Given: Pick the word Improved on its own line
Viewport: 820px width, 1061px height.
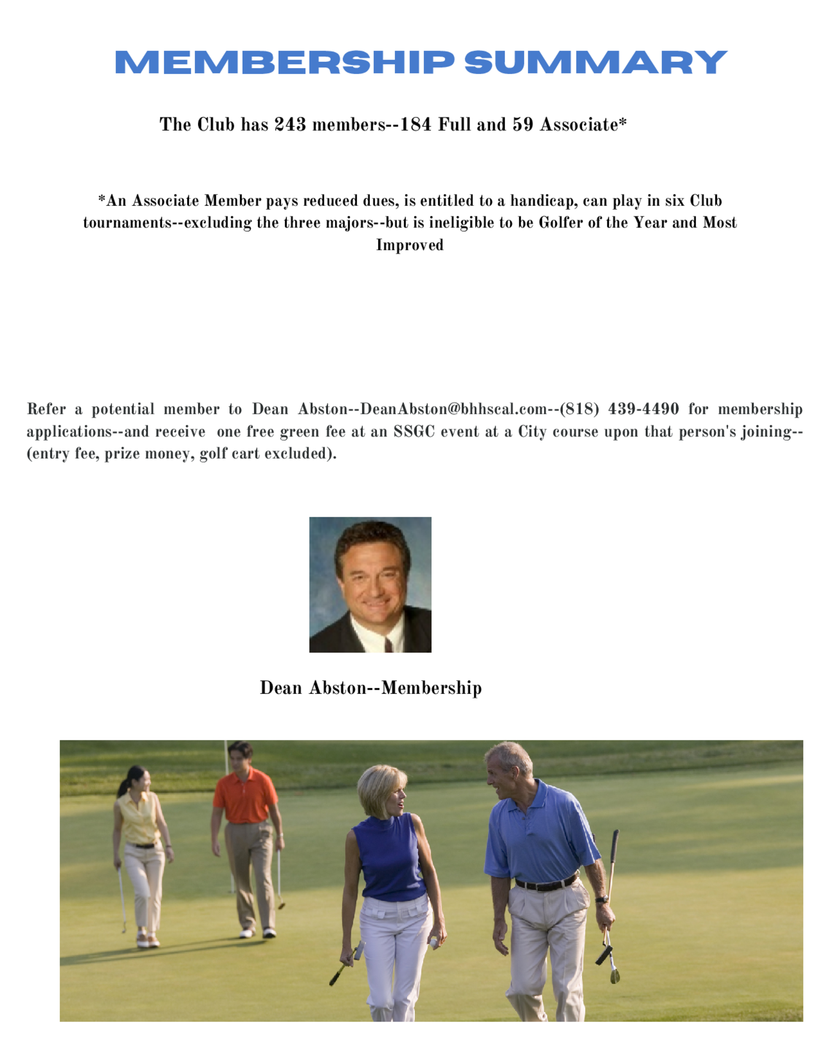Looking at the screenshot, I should click(x=410, y=244).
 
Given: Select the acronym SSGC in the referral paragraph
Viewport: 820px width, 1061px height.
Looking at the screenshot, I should click(x=413, y=431).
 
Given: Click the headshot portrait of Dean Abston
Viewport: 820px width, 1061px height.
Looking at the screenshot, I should click(x=370, y=585).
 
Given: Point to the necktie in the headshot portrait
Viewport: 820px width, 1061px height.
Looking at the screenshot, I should click(x=389, y=644).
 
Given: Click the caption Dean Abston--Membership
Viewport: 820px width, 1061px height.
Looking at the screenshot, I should click(x=371, y=688).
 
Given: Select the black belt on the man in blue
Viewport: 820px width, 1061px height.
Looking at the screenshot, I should click(x=547, y=883).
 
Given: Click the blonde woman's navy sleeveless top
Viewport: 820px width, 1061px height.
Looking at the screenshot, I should click(x=389, y=856).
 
